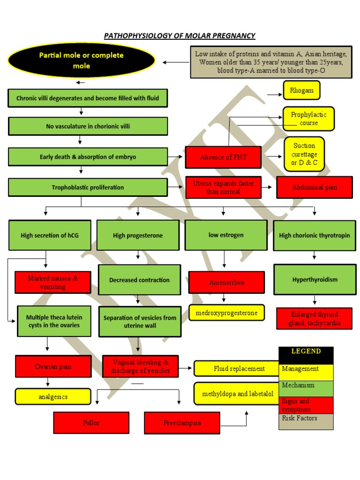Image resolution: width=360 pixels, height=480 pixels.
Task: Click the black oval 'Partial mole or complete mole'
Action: coord(81,61)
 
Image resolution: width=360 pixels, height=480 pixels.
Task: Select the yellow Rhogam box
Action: coord(301,90)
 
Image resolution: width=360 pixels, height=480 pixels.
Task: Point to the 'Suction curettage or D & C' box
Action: coord(304,154)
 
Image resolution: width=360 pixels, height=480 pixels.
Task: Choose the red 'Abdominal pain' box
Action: coord(314,187)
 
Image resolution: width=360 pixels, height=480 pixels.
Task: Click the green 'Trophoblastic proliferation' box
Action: coord(88,187)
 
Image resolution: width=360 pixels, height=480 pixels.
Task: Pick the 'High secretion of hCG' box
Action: coord(50,235)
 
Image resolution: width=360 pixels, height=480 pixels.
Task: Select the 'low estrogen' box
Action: coord(226,235)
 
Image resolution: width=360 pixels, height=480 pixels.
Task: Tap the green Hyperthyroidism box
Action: coord(315,280)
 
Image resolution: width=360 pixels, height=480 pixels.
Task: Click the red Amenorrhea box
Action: coord(226,283)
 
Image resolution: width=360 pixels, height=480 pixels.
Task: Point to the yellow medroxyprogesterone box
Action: coord(226,313)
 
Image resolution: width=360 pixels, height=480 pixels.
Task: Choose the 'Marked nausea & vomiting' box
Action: coord(52,282)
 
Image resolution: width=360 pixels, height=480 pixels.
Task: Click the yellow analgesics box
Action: coord(52,397)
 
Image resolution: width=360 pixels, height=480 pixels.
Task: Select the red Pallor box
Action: coord(91,423)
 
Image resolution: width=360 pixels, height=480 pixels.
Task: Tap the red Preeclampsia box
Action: coord(182,423)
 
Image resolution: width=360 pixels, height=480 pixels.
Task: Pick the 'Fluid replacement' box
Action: coord(239,369)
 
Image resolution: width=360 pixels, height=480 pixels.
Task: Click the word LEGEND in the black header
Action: coord(306,351)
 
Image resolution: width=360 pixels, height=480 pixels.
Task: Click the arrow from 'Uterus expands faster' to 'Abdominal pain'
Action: coord(268,187)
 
